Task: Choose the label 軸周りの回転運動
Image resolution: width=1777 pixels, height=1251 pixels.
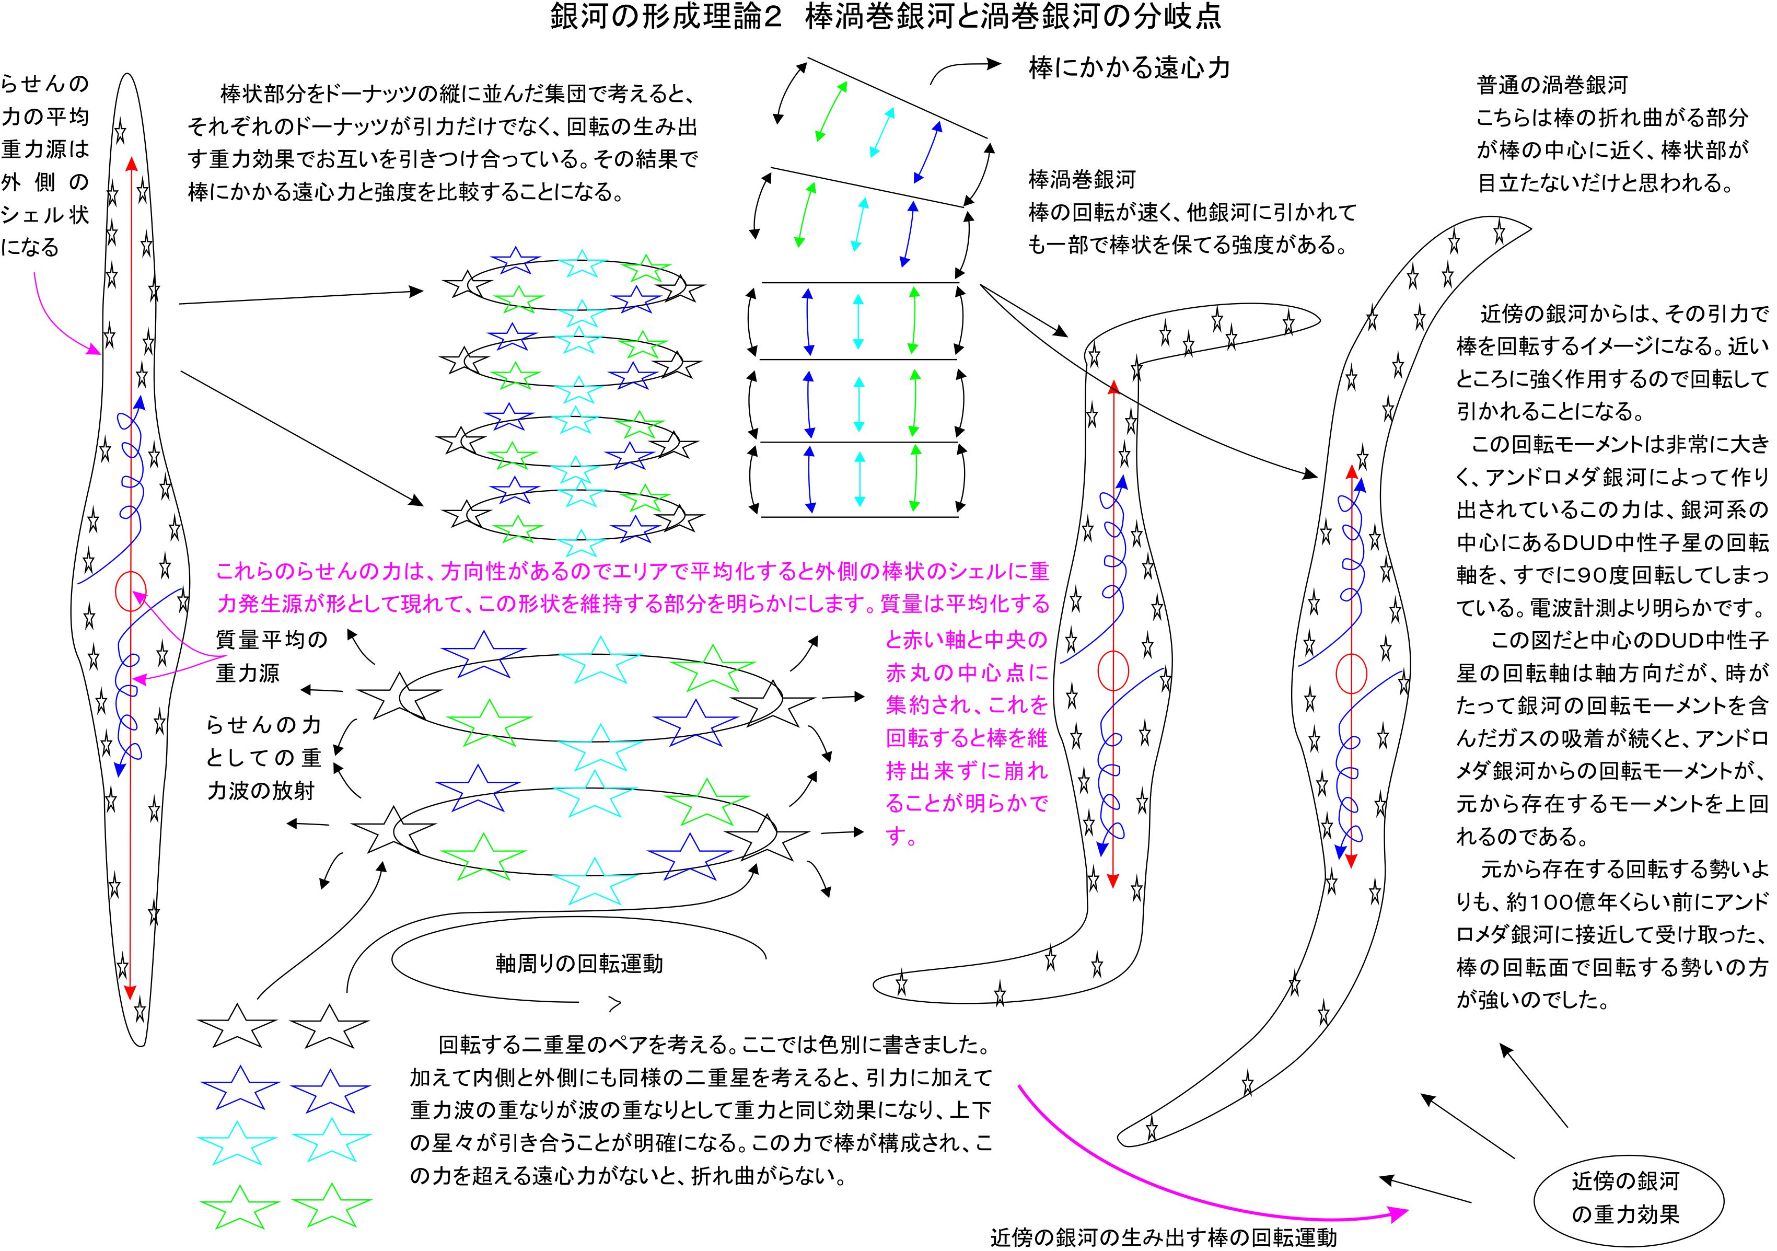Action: pos(579,964)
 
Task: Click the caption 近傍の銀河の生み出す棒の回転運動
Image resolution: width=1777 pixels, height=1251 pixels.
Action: pos(1163,1237)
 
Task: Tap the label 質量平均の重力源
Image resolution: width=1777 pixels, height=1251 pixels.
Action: pos(271,656)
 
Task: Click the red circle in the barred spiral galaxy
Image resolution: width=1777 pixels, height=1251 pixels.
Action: pos(1113,671)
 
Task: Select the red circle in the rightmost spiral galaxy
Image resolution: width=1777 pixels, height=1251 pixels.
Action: pos(1351,674)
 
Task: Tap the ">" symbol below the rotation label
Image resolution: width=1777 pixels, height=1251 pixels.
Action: pos(615,1004)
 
